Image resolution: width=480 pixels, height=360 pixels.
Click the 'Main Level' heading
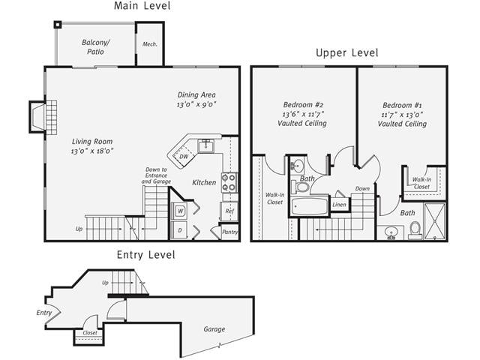coord(142,7)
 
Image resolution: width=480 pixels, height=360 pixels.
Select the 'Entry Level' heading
coord(145,255)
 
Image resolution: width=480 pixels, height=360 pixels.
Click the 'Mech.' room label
coord(148,44)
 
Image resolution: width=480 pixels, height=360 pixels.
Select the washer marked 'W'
coord(180,211)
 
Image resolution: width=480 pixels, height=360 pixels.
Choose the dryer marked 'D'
coord(180,231)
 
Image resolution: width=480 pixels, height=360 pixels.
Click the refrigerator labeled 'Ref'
coord(229,211)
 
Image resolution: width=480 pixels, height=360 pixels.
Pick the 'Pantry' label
coord(229,232)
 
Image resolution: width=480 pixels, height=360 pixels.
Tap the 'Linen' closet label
coord(340,204)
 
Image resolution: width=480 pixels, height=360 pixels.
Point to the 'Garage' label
coord(214,328)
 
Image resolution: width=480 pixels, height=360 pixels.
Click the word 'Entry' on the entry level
coord(44,313)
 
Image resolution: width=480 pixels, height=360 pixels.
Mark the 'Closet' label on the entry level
coord(89,332)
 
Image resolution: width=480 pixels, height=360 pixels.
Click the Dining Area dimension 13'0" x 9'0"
coord(196,105)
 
